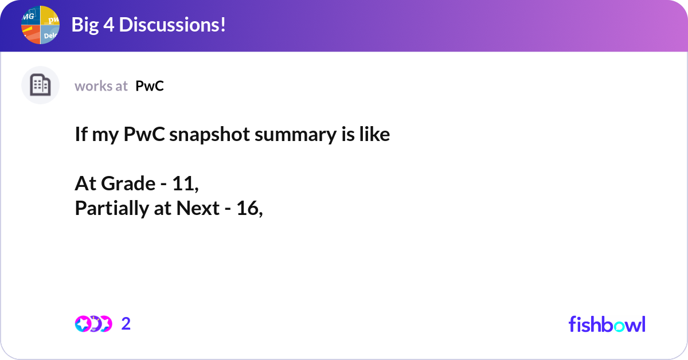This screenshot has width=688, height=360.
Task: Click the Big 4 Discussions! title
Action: point(148,25)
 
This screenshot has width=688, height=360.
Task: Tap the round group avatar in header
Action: point(40,25)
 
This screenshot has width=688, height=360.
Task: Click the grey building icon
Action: point(40,85)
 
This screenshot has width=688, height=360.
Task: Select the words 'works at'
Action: point(101,86)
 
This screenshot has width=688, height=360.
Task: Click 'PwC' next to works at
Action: point(150,86)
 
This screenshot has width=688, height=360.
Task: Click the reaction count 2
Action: point(126,324)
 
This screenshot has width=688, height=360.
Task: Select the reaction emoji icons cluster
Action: point(93,324)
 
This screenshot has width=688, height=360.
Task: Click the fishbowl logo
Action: point(607,324)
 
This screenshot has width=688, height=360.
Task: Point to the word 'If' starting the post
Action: point(80,135)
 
